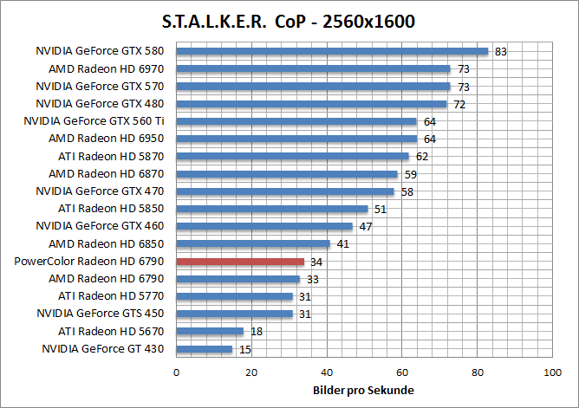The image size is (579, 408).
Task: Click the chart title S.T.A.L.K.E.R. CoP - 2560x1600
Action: pos(289,20)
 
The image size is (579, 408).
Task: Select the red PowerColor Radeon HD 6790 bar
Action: pos(240,261)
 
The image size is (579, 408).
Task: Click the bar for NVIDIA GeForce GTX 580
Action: pos(332,51)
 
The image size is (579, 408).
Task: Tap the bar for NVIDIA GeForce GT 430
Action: pos(205,349)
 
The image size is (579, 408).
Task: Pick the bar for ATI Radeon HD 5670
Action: pos(210,331)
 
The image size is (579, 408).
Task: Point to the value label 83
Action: pos(500,51)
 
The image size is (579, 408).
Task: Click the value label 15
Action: pos(244,349)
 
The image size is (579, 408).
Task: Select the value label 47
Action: pos(365,226)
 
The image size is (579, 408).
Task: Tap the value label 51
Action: pos(380,209)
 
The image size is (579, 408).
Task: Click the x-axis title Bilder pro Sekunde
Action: pos(363,390)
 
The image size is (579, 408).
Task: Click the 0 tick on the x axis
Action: pos(177,372)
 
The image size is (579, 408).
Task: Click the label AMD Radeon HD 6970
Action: pos(107,68)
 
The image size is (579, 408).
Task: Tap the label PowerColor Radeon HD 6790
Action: pos(94,261)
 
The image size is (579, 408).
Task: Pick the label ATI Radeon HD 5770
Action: pos(112,296)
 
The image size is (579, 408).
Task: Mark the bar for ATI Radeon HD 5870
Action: pos(292,156)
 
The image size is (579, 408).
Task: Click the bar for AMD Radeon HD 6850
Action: pos(253,243)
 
